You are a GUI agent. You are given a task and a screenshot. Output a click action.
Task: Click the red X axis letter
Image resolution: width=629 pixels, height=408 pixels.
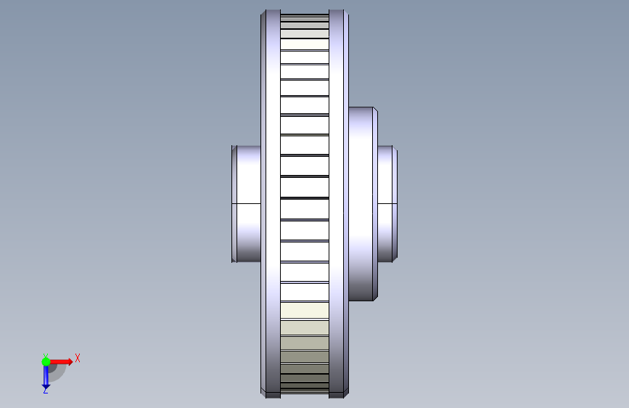tap(78, 358)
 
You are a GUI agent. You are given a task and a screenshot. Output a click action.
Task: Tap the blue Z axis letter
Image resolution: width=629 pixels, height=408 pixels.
tap(46, 390)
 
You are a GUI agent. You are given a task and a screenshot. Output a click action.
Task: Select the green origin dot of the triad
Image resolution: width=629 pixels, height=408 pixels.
tap(46, 362)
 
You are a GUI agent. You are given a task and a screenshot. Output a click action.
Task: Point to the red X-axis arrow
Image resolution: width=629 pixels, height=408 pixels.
tap(61, 362)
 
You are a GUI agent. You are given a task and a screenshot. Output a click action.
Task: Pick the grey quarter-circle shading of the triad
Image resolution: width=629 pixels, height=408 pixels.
tap(57, 372)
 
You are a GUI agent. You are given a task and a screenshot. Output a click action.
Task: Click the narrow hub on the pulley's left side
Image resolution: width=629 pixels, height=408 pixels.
tap(247, 204)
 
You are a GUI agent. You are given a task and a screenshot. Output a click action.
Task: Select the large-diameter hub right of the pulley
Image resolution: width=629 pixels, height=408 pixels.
tap(363, 204)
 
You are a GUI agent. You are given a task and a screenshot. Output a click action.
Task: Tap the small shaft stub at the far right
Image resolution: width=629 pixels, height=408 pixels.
tap(387, 204)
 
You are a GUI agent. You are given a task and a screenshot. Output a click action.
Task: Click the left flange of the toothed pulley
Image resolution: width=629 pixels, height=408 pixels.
tap(271, 204)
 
